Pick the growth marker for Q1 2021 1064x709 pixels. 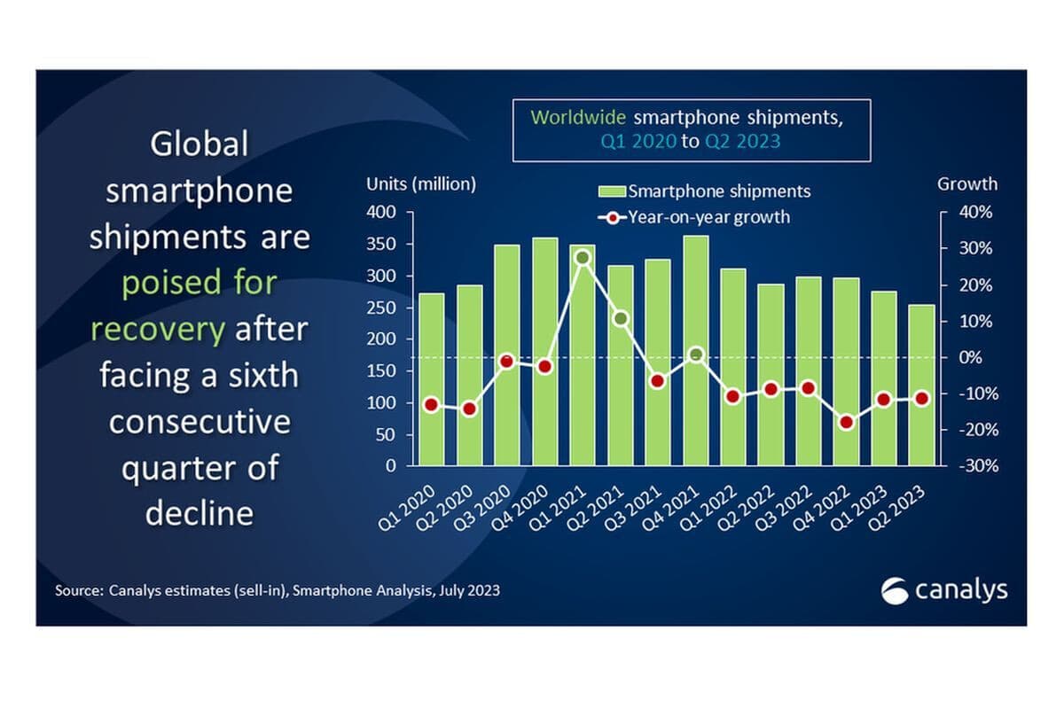click(582, 258)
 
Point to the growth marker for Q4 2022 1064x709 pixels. click(846, 422)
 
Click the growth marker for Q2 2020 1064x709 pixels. click(469, 409)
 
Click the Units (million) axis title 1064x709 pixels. click(421, 184)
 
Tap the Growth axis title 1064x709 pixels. click(967, 184)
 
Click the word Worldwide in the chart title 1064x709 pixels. click(577, 116)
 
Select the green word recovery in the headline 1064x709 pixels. click(157, 330)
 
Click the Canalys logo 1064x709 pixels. click(944, 590)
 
